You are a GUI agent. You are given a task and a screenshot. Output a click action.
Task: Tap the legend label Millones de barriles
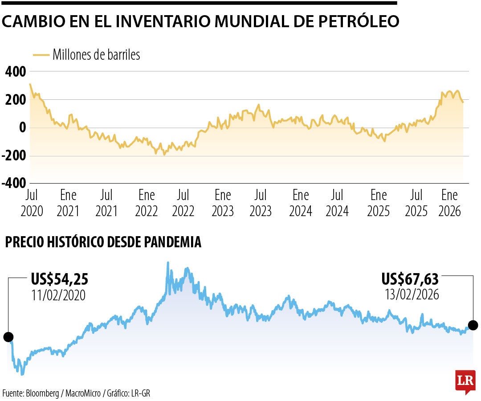(96, 55)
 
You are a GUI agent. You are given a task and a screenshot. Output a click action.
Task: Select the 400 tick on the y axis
(16, 72)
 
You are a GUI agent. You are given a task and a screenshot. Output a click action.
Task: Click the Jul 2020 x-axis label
(32, 203)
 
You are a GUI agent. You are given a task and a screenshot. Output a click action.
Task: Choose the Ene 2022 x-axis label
(147, 203)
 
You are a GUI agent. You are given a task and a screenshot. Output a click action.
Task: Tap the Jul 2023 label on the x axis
(261, 203)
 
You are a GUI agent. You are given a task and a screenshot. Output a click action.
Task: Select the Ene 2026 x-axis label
(449, 203)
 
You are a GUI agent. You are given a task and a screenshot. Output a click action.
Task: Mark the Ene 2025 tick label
(379, 203)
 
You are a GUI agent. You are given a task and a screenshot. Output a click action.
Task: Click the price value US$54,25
(60, 279)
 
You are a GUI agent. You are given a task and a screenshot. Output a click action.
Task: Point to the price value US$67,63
(410, 279)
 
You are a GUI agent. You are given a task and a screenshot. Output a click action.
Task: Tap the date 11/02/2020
(58, 295)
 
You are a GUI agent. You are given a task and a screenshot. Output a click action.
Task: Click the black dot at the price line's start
(8, 337)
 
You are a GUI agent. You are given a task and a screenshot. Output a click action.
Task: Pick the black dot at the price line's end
(473, 325)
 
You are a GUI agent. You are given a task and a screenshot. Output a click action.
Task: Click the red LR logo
(465, 381)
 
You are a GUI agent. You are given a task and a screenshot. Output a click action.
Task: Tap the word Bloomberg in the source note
(45, 393)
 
